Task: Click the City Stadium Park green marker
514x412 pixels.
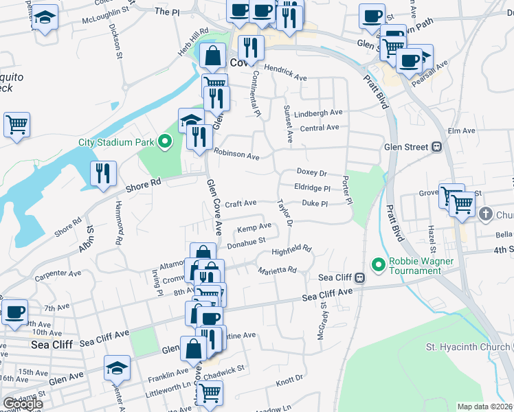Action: click(164, 143)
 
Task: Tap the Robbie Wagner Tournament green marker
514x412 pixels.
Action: click(378, 264)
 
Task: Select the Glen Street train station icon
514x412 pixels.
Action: click(436, 146)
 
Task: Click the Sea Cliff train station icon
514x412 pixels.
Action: click(359, 277)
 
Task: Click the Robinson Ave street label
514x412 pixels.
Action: click(236, 154)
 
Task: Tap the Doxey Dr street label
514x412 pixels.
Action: click(311, 172)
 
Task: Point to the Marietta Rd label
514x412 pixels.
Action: click(278, 270)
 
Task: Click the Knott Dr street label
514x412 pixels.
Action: click(289, 378)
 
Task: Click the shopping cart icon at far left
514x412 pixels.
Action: click(16, 125)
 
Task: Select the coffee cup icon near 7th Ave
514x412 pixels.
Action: click(14, 312)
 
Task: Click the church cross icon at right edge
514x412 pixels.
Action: click(486, 214)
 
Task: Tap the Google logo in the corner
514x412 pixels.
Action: click(22, 404)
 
